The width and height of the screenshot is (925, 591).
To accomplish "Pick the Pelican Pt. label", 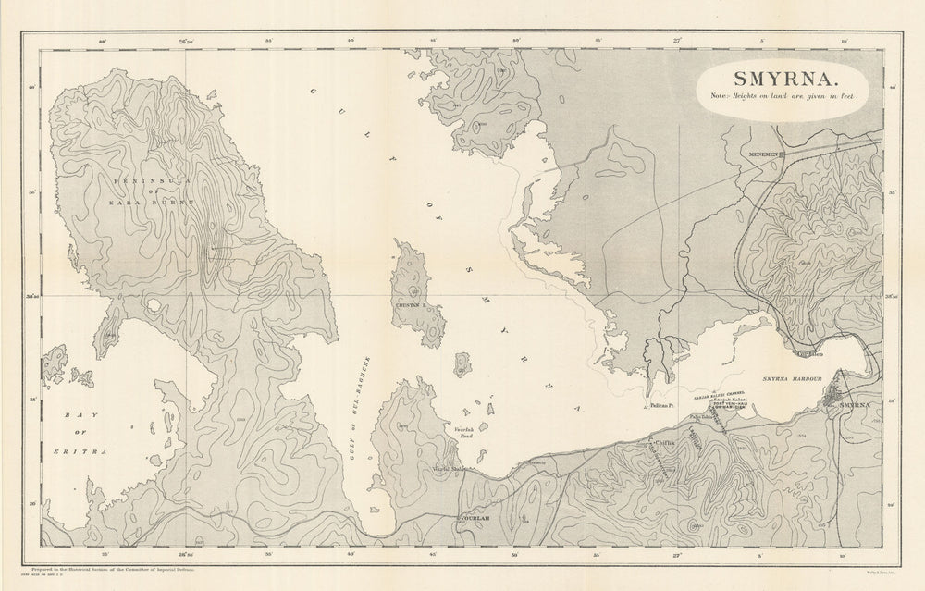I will [663, 406].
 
